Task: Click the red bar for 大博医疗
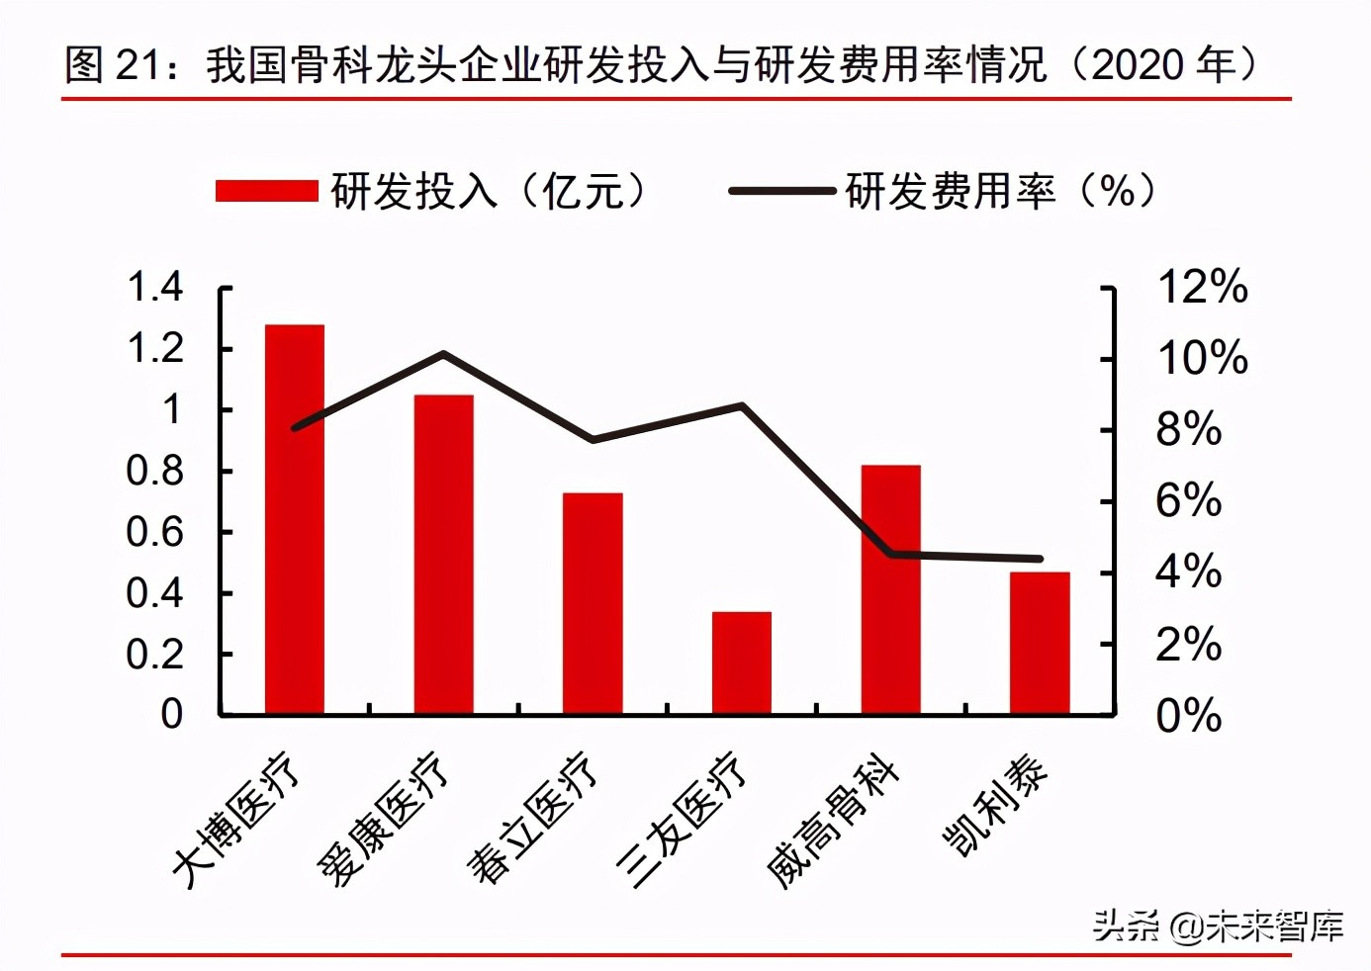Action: click(295, 519)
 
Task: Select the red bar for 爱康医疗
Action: click(443, 554)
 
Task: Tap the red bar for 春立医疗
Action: click(593, 603)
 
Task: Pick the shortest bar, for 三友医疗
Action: click(742, 662)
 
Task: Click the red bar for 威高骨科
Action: click(890, 589)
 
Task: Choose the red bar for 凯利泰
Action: click(1040, 643)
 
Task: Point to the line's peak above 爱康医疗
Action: click(443, 354)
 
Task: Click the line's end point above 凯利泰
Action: click(1040, 559)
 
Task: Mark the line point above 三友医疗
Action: click(742, 405)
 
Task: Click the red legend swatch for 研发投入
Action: click(266, 191)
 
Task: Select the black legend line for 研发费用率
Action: click(781, 191)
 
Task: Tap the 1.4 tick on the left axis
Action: click(155, 288)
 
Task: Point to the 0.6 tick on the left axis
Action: click(155, 533)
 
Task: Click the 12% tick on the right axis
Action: click(1202, 288)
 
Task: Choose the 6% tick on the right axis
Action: click(1188, 501)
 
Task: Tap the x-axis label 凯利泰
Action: click(995, 807)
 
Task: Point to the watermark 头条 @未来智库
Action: click(1218, 927)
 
